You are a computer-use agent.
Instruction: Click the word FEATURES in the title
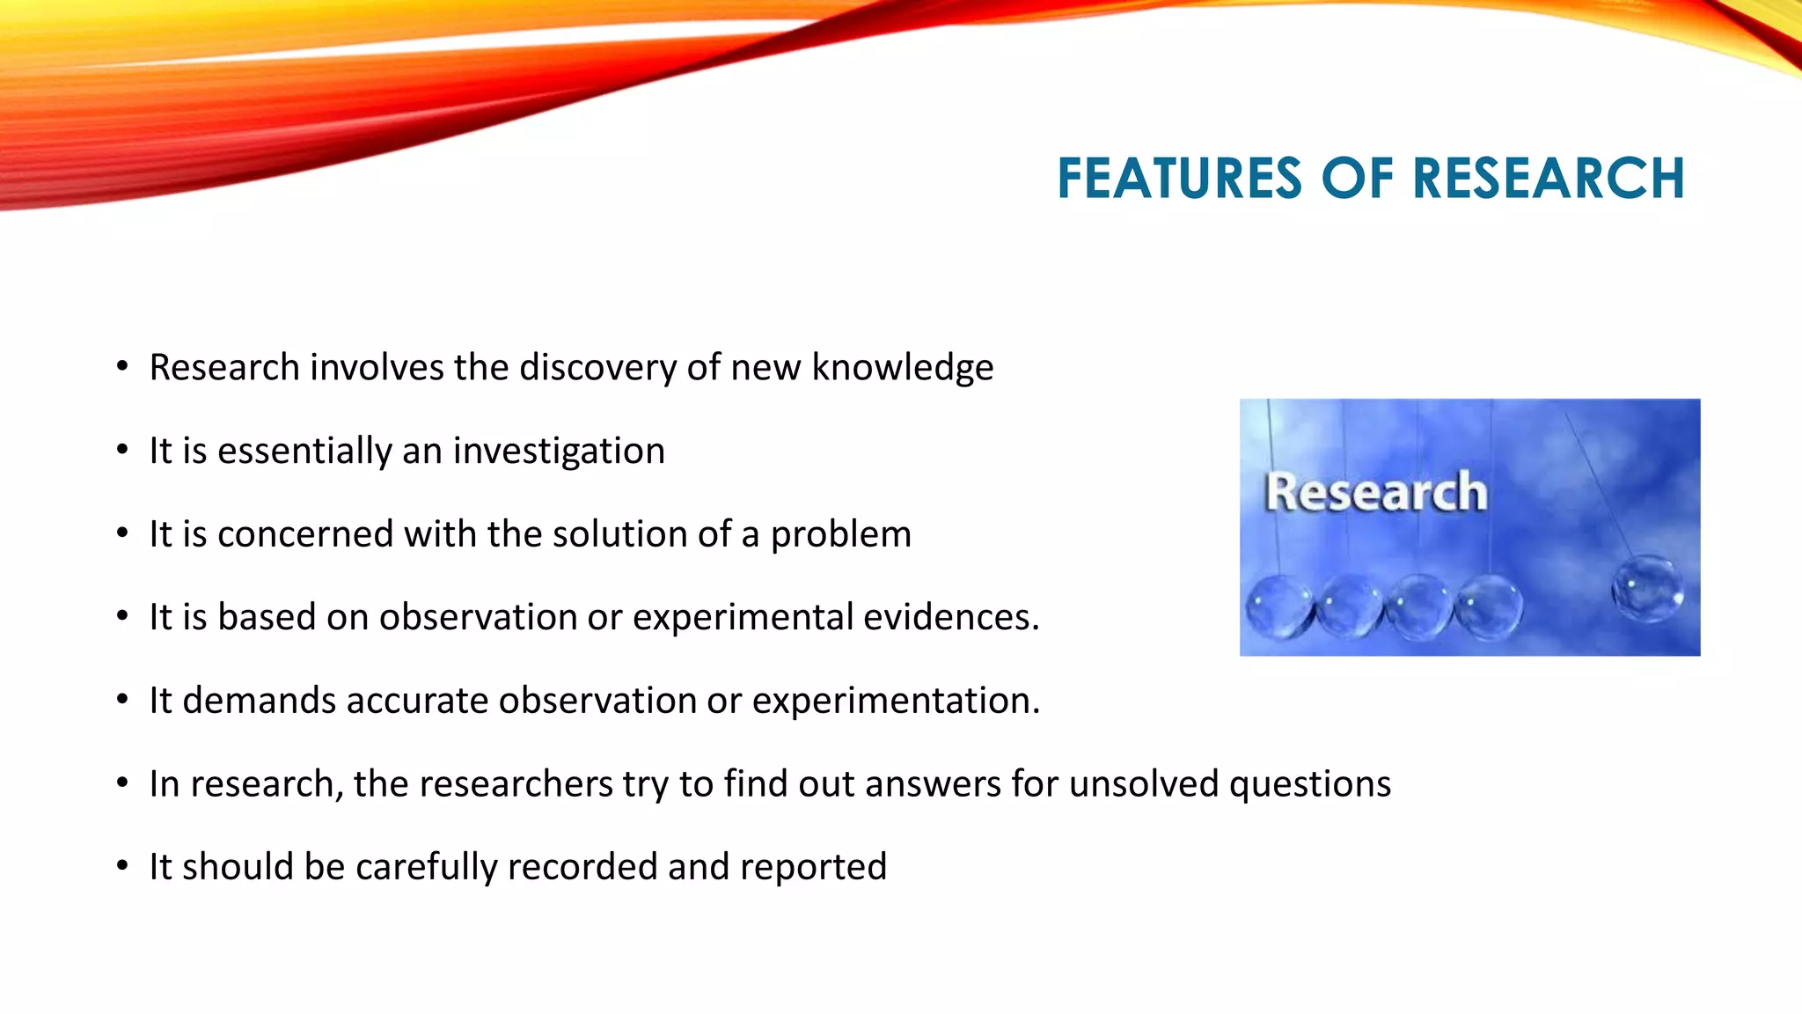(x=1179, y=179)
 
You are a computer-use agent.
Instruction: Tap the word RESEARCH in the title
(x=1548, y=179)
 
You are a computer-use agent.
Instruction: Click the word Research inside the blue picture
(x=1375, y=491)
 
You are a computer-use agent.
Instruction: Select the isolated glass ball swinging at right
(x=1646, y=588)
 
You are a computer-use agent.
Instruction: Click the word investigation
(x=559, y=452)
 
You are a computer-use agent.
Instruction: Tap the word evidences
(x=950, y=618)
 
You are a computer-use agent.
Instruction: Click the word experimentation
(x=896, y=702)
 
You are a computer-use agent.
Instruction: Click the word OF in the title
(x=1357, y=179)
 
